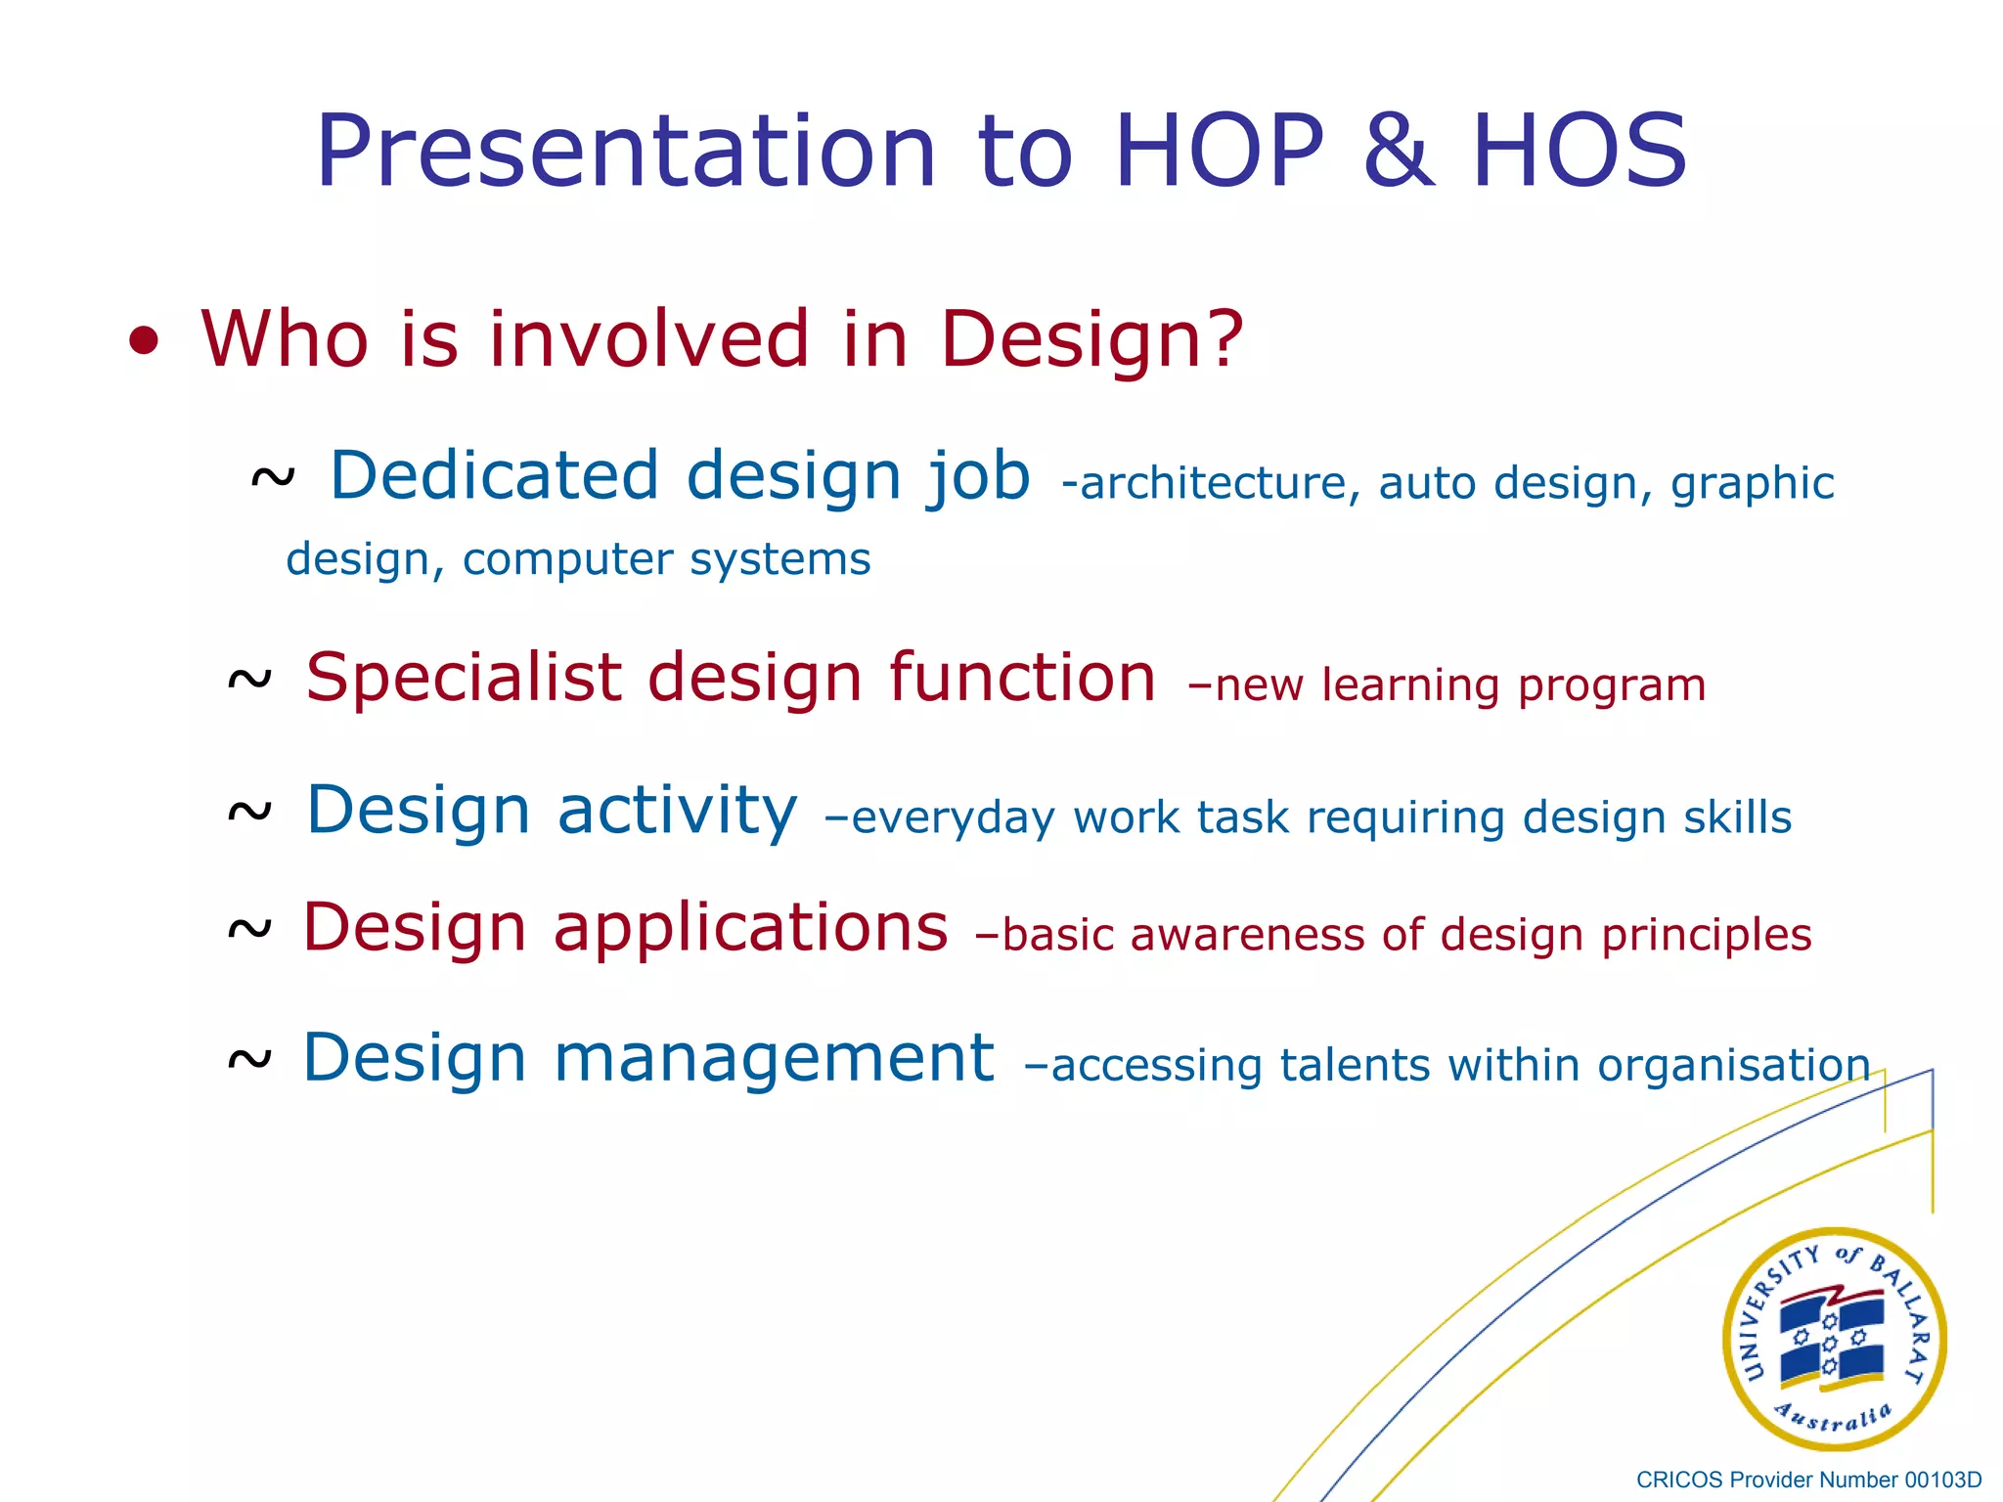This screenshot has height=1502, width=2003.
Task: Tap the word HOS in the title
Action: pyautogui.click(x=1579, y=152)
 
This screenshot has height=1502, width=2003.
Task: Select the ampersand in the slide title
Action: pyautogui.click(x=1399, y=152)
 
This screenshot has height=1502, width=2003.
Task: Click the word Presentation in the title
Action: pyautogui.click(x=626, y=154)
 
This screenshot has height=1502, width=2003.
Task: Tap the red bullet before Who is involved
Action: pyautogui.click(x=144, y=341)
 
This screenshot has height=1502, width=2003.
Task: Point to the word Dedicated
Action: pyautogui.click(x=494, y=475)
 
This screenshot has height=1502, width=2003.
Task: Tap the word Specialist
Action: pyautogui.click(x=464, y=678)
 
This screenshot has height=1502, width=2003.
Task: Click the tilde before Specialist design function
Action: pyautogui.click(x=249, y=680)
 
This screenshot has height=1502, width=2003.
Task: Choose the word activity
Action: pyautogui.click(x=677, y=812)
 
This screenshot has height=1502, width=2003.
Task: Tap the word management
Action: pyautogui.click(x=774, y=1058)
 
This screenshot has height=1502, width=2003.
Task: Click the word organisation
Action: pyautogui.click(x=1733, y=1065)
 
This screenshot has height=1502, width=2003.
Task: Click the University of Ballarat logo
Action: pyautogui.click(x=1834, y=1339)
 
